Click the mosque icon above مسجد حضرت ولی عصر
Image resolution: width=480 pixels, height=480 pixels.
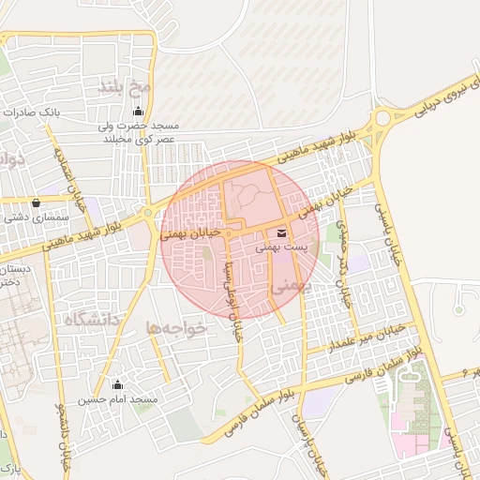140,113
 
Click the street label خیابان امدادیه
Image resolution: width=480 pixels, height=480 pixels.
72,179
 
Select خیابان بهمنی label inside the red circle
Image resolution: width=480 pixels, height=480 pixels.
191,232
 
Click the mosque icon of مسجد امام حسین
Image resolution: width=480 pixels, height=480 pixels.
117,383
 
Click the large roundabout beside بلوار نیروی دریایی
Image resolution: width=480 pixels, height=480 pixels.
382,120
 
